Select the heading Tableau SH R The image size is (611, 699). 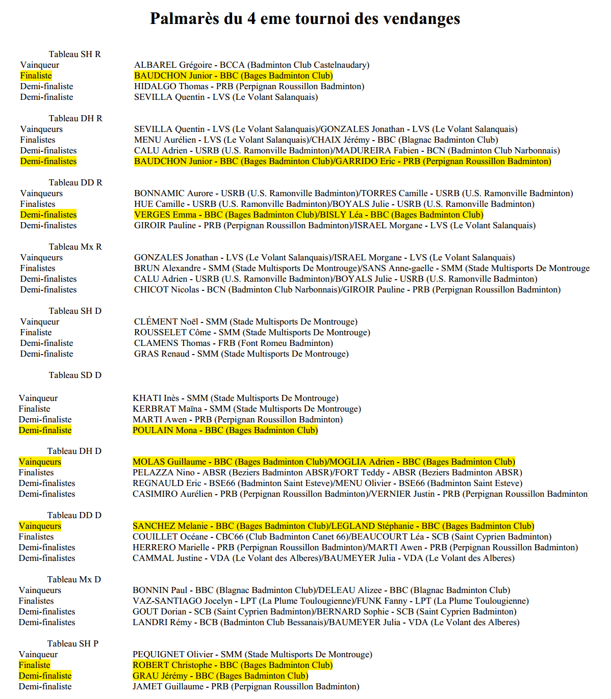point(75,54)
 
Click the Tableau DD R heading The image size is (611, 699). point(75,182)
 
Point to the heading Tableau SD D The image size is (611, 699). point(75,375)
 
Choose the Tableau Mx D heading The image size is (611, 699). point(74,579)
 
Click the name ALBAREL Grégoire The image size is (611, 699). point(173,65)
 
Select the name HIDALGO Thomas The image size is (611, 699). point(171,86)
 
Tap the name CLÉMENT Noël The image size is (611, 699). point(166,321)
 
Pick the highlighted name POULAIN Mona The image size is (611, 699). point(165,430)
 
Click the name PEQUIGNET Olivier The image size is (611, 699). point(173,654)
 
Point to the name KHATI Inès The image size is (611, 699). point(156,398)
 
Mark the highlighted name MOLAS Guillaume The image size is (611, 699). point(169,462)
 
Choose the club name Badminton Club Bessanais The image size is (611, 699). point(272,622)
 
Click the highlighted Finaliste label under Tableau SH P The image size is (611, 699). point(35,665)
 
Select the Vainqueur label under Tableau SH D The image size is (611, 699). point(40,321)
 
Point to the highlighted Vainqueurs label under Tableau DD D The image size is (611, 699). point(40,526)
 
